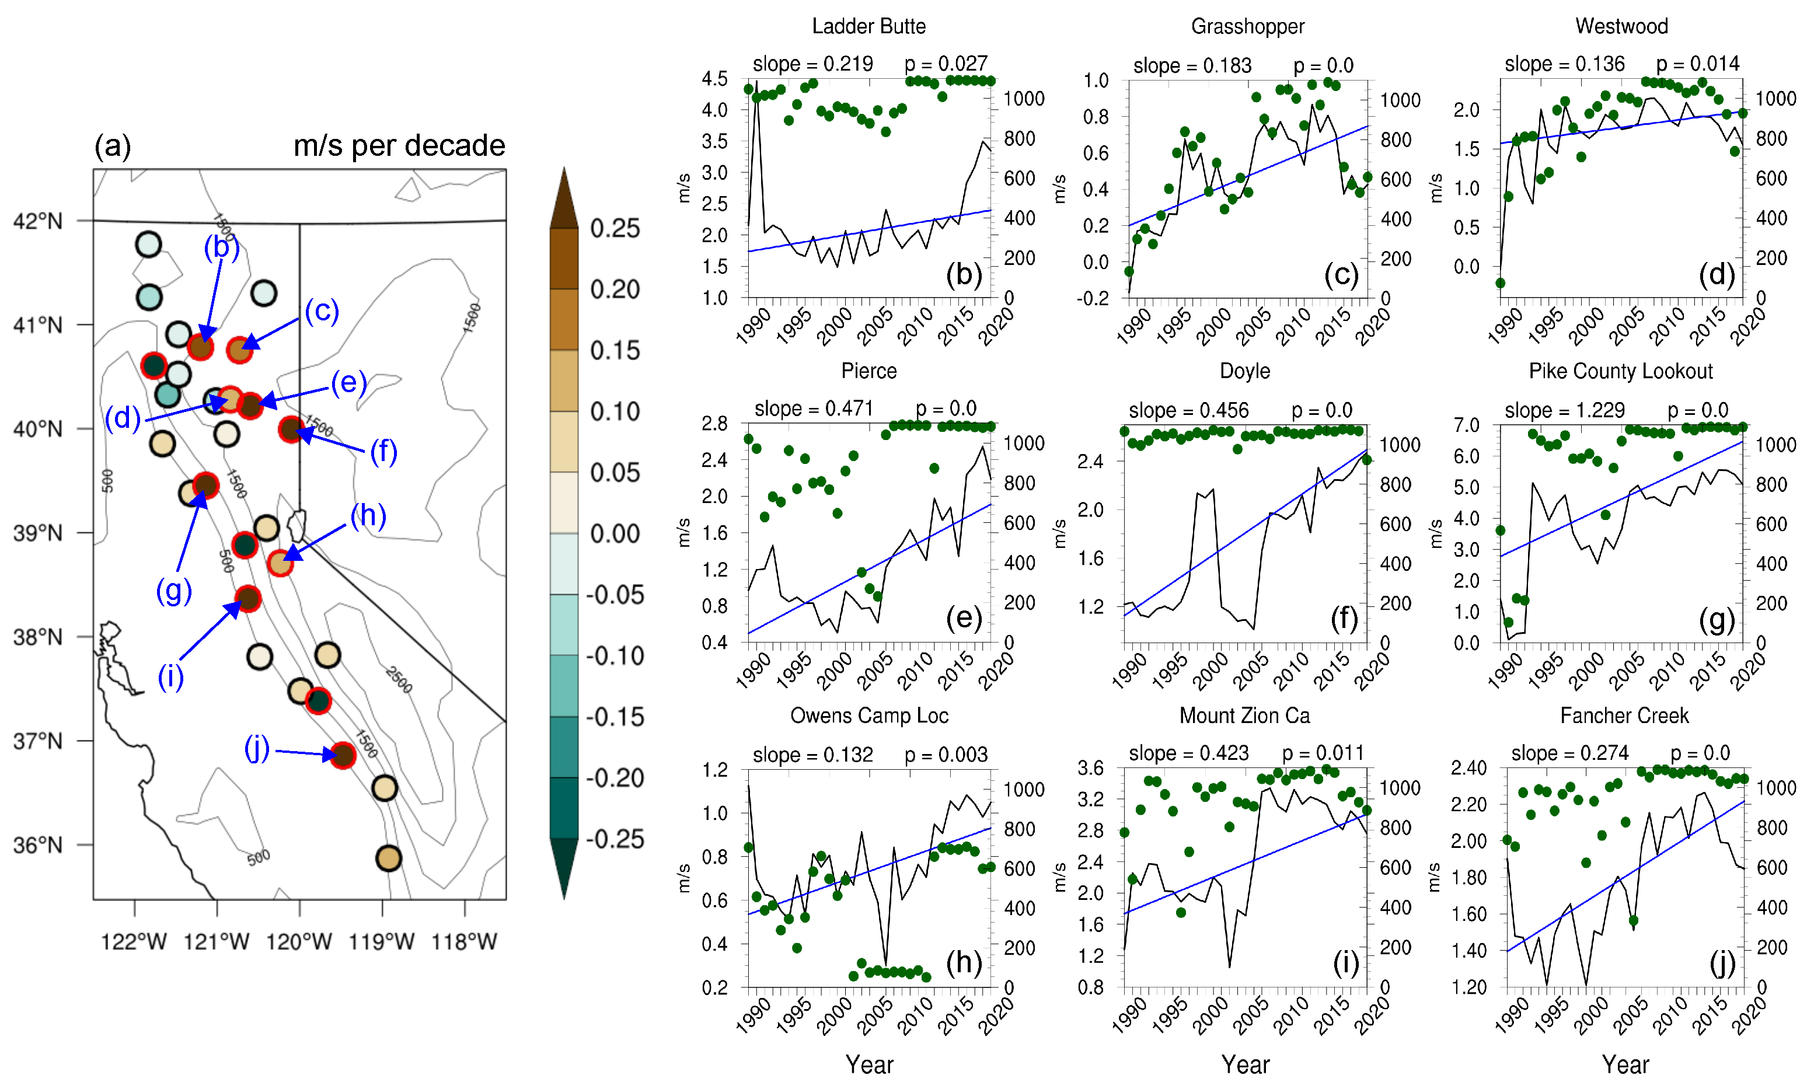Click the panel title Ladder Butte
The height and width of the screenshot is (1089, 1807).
(x=868, y=26)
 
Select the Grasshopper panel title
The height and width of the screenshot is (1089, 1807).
(x=1247, y=26)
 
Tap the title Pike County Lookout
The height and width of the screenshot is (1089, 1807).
(x=1620, y=371)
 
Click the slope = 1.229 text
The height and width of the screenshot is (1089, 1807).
(x=1564, y=410)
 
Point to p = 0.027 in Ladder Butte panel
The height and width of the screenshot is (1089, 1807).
(x=946, y=64)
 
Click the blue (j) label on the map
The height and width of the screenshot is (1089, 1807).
(x=257, y=749)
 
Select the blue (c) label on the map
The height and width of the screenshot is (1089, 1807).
(x=322, y=310)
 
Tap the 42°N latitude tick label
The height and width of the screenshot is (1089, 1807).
(x=38, y=221)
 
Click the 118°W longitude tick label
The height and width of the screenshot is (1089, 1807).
(x=464, y=941)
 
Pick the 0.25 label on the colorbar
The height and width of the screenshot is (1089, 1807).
(x=615, y=228)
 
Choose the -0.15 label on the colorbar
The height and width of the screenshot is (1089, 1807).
(x=615, y=717)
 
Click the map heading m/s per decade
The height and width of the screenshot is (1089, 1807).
(x=399, y=145)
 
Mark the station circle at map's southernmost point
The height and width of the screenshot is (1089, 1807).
(x=389, y=858)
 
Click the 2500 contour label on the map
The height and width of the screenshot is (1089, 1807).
(x=400, y=680)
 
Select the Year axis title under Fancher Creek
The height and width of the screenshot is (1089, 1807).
(x=1624, y=1064)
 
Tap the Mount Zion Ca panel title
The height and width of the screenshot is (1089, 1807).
(x=1244, y=715)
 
